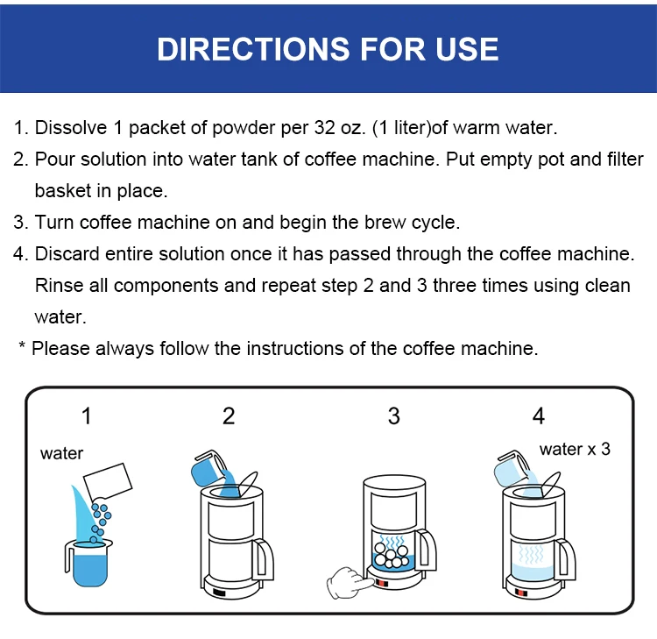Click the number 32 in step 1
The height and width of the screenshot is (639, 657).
(x=325, y=127)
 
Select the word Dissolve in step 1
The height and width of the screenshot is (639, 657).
(x=71, y=127)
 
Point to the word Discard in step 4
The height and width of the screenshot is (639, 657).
(x=67, y=253)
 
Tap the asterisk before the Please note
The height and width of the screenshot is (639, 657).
(x=22, y=345)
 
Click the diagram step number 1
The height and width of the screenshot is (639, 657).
(x=87, y=416)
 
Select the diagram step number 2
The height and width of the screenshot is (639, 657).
(x=229, y=416)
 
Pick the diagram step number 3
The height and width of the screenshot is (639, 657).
(x=394, y=416)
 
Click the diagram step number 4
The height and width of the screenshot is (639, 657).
(x=539, y=416)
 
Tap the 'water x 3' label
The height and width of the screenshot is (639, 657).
(x=575, y=449)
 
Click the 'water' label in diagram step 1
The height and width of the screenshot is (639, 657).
(x=61, y=453)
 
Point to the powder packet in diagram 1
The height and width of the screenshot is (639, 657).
(x=108, y=480)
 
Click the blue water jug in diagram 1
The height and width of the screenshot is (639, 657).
(x=88, y=563)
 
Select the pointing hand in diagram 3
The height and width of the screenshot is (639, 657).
(x=350, y=582)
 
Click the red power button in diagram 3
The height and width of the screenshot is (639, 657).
(x=382, y=583)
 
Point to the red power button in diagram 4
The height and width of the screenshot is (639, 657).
(x=520, y=593)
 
